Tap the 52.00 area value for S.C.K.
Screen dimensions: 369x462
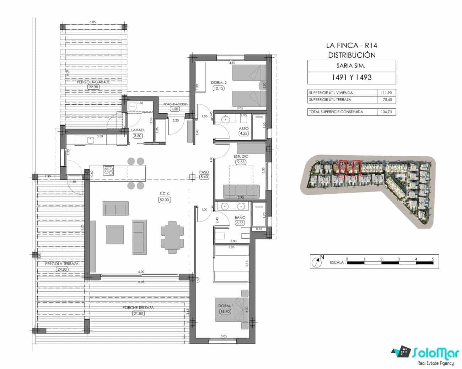(x=164, y=200)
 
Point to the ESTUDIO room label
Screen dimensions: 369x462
(x=241, y=156)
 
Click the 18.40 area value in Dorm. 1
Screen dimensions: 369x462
(x=225, y=311)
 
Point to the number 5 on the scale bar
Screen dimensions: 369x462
(x=433, y=259)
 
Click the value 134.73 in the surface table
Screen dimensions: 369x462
(x=387, y=112)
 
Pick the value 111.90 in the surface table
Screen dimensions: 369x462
(x=387, y=93)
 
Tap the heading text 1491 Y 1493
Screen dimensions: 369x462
(x=351, y=77)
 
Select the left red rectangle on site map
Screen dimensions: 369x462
(x=343, y=168)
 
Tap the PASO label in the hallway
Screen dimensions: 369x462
(x=204, y=172)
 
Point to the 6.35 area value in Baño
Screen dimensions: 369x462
(x=240, y=223)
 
